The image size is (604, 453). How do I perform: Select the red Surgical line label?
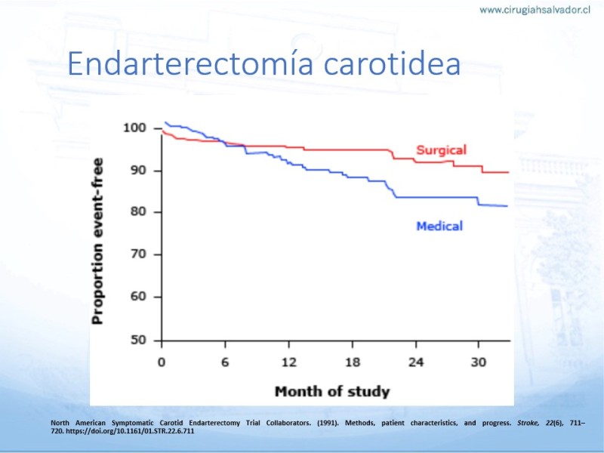(x=442, y=149)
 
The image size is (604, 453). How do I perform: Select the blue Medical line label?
(x=439, y=225)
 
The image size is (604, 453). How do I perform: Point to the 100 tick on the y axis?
(x=135, y=128)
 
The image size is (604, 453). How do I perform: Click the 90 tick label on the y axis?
(x=139, y=171)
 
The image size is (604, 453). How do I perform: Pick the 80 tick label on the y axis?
(x=139, y=212)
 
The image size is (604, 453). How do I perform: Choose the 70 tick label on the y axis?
(x=139, y=254)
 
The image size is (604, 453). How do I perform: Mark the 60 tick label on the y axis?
(x=139, y=297)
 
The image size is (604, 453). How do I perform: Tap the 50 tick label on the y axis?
(x=139, y=340)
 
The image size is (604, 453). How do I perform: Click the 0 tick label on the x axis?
(x=162, y=362)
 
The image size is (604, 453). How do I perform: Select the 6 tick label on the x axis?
(x=225, y=362)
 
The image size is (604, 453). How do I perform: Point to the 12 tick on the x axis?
(x=288, y=362)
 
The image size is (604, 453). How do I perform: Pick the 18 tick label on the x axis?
(x=352, y=362)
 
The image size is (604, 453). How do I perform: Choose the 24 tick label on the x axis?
(x=415, y=362)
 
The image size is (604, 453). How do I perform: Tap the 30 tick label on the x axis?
(x=479, y=362)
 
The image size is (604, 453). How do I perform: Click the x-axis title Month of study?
(x=332, y=391)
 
